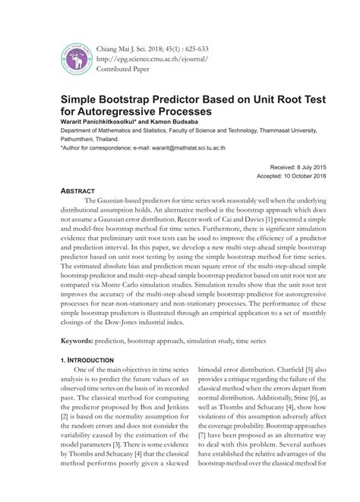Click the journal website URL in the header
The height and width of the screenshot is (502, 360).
[152, 58]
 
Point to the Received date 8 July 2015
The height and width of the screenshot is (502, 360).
[286, 166]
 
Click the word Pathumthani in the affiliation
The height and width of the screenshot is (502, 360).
[82, 138]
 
